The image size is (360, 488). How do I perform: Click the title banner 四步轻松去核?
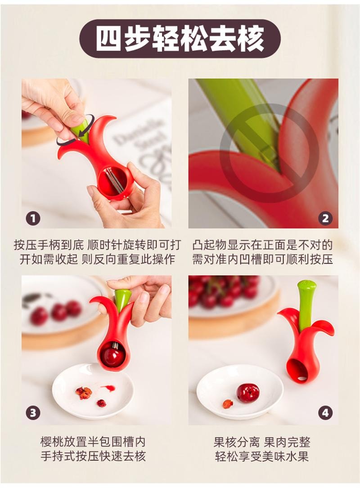pyautogui.click(x=180, y=39)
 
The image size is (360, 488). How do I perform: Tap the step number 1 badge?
pyautogui.click(x=33, y=219)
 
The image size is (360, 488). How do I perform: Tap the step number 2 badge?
pyautogui.click(x=325, y=219)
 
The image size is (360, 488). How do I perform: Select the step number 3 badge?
pyautogui.click(x=33, y=413)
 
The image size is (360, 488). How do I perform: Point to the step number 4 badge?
pyautogui.click(x=325, y=413)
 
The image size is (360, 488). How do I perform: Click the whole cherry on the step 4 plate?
pyautogui.click(x=248, y=393)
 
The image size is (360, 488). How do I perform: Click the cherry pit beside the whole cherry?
pyautogui.click(x=228, y=404)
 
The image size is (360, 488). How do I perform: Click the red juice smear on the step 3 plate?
pyautogui.click(x=108, y=388)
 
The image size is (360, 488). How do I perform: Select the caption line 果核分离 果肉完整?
pyautogui.click(x=262, y=442)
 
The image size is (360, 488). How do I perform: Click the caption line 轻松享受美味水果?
pyautogui.click(x=262, y=457)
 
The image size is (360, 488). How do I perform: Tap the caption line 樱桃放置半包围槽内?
pyautogui.click(x=93, y=442)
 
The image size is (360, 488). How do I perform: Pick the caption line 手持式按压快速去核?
pyautogui.click(x=93, y=457)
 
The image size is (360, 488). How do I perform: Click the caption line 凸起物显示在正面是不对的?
pyautogui.click(x=262, y=245)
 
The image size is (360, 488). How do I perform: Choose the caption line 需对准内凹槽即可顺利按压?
pyautogui.click(x=262, y=259)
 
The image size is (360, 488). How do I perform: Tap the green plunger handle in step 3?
pyautogui.click(x=121, y=300)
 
